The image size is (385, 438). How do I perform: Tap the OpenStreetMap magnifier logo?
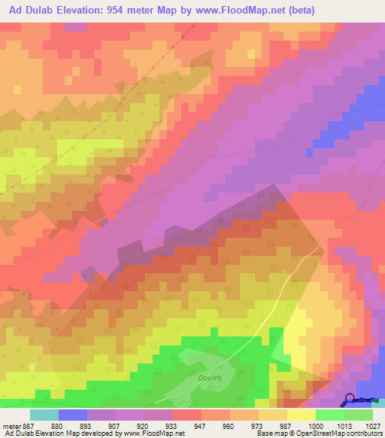point(350,400)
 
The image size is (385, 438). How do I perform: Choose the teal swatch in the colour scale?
point(44,415)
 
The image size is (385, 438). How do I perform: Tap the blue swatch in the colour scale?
point(73,415)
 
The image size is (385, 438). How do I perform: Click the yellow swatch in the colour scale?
point(301,415)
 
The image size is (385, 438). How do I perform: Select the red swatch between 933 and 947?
point(186,415)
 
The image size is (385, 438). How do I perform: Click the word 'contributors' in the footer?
point(362,433)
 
